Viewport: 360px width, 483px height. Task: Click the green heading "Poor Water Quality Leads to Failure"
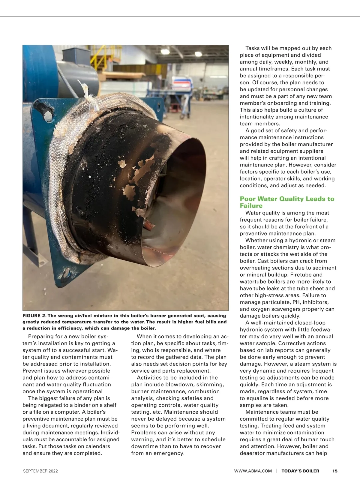(287, 202)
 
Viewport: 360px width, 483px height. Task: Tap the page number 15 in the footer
(335, 471)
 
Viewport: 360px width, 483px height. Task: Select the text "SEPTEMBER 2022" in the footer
(40, 471)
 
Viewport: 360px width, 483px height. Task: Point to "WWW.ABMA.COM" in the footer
(253, 471)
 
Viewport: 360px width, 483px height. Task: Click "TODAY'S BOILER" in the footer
(300, 471)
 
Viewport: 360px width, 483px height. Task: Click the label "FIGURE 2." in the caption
(34, 316)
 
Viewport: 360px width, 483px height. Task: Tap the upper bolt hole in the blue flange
(46, 112)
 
